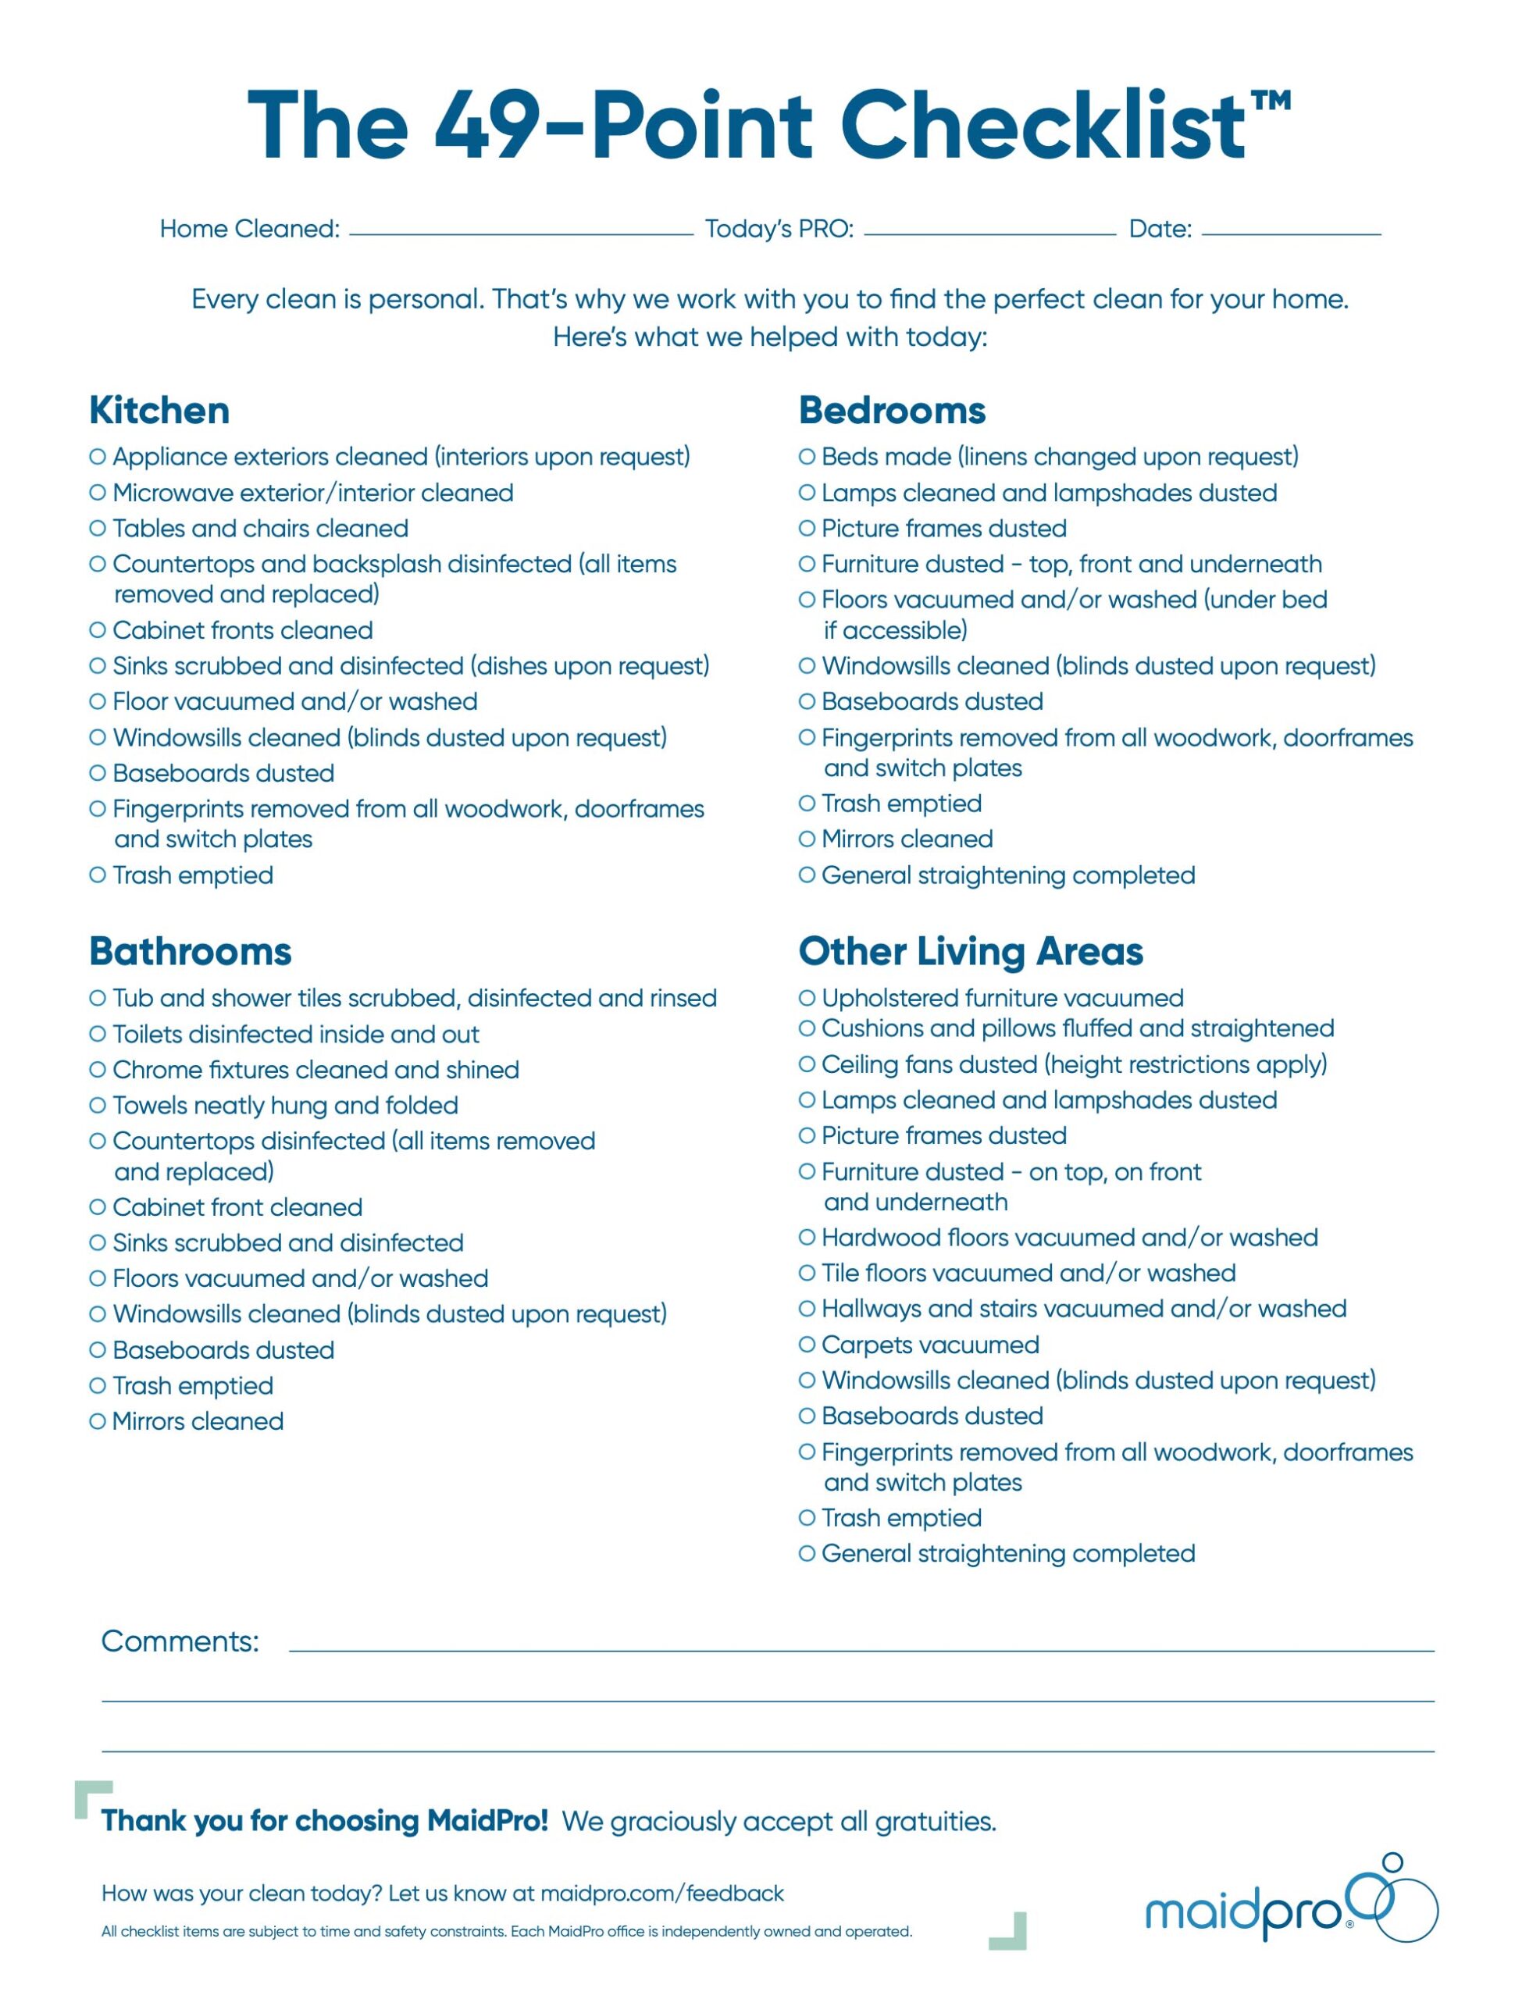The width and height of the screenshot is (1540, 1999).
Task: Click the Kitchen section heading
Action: coord(159,411)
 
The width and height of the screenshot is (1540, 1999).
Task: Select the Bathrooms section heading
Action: coord(191,952)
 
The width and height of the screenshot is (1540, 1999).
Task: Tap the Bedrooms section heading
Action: coord(892,411)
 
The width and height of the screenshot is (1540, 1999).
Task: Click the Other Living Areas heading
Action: coord(971,952)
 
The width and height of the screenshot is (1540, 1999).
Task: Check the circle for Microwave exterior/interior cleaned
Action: coord(97,493)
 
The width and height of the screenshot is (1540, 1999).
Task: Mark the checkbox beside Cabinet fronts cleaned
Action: coord(97,629)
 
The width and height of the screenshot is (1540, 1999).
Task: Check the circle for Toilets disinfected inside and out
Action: coord(97,1033)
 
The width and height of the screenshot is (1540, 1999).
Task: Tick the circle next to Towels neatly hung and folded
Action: coord(97,1105)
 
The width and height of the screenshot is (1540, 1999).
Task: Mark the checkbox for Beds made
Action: coord(807,456)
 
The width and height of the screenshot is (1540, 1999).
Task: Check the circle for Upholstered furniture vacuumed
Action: coord(807,998)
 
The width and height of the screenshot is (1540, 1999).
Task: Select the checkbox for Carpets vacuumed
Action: coord(807,1345)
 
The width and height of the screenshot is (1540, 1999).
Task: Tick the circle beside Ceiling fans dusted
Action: coord(807,1064)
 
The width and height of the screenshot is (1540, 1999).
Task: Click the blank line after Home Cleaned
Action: coord(521,232)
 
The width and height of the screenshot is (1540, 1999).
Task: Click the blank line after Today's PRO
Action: coord(989,232)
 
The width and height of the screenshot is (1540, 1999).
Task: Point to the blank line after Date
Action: coord(1291,232)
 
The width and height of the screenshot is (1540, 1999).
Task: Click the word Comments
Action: coord(180,1641)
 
